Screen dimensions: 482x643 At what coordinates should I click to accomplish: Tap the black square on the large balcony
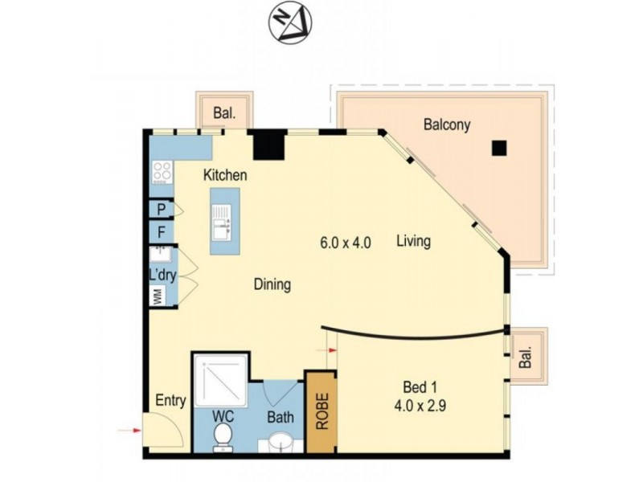tap(500, 148)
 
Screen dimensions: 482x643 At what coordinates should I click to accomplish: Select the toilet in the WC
tap(223, 436)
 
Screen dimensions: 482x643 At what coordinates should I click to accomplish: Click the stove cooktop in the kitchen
tap(162, 171)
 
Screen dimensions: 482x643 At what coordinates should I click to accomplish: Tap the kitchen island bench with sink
tap(224, 221)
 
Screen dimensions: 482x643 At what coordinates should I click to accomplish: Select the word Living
tap(414, 241)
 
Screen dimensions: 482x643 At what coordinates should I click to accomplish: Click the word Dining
tap(272, 284)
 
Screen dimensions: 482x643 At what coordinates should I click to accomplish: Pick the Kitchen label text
tap(224, 175)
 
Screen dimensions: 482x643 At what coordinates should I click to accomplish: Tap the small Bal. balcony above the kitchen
tap(224, 113)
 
